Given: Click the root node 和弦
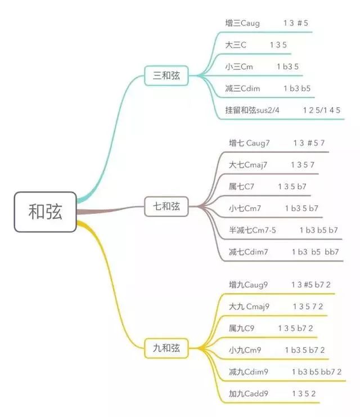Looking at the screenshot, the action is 45,212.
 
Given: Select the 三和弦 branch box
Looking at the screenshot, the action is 166,75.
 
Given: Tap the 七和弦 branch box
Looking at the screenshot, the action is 166,207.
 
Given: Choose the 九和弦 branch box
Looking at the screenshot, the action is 166,348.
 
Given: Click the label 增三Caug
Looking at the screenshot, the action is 242,23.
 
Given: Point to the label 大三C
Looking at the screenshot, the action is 236,45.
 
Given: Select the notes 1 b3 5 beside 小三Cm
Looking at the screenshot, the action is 287,66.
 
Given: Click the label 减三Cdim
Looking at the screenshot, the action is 242,88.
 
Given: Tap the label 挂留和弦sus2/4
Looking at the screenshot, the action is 252,110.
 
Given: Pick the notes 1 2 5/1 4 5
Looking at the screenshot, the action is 321,110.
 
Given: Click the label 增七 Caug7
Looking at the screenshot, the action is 249,143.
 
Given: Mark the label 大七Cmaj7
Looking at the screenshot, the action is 248,165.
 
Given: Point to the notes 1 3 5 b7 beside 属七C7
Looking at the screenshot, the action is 292,186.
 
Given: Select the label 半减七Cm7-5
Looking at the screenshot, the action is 253,230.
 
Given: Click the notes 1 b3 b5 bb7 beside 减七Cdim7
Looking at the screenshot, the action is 316,252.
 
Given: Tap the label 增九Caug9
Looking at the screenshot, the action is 248,285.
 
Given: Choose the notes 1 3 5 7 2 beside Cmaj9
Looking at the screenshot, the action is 308,307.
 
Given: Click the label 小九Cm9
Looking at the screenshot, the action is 245,350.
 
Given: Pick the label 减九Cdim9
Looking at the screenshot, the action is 248,372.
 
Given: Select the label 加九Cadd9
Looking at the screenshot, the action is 248,393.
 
